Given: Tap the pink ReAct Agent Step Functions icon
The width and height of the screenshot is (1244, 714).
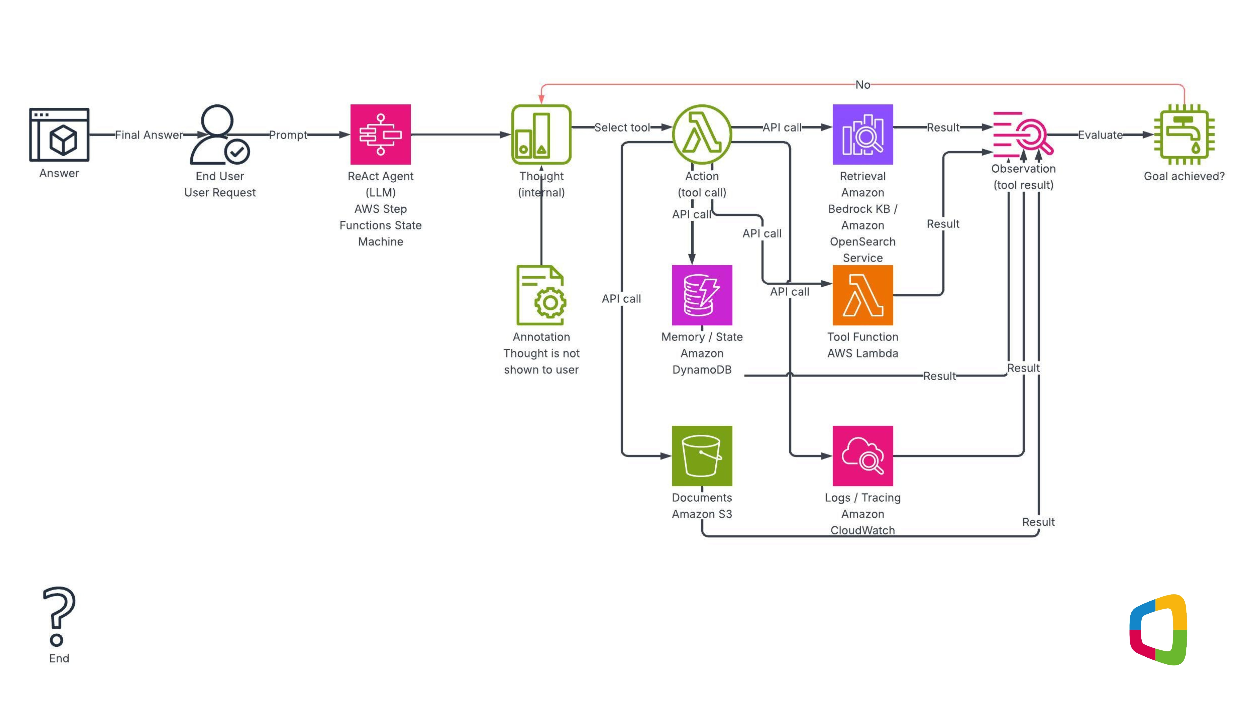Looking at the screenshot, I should (x=380, y=134).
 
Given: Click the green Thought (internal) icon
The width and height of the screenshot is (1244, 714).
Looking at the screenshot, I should (x=541, y=134).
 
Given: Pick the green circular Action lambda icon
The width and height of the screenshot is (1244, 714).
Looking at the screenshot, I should (x=702, y=134).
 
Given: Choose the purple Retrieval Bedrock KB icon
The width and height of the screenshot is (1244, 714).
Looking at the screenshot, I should (x=863, y=134).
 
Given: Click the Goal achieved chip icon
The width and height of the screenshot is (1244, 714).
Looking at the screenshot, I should (x=1184, y=134).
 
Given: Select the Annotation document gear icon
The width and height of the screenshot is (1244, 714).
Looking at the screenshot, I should (x=541, y=295).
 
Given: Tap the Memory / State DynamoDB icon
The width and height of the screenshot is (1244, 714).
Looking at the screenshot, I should (x=702, y=295).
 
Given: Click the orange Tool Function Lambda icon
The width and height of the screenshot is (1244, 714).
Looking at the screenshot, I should (x=863, y=295).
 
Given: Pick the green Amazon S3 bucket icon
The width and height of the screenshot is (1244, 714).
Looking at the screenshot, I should (x=702, y=456).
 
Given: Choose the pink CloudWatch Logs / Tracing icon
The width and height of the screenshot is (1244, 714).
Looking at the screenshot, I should (x=863, y=456).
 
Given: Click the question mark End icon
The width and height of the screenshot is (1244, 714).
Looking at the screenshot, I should (x=59, y=616).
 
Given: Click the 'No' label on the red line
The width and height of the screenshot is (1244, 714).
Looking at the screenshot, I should (x=863, y=85).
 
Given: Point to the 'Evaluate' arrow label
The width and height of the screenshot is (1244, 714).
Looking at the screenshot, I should (x=1100, y=135).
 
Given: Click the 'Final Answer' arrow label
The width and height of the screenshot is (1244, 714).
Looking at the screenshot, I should (x=149, y=135).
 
